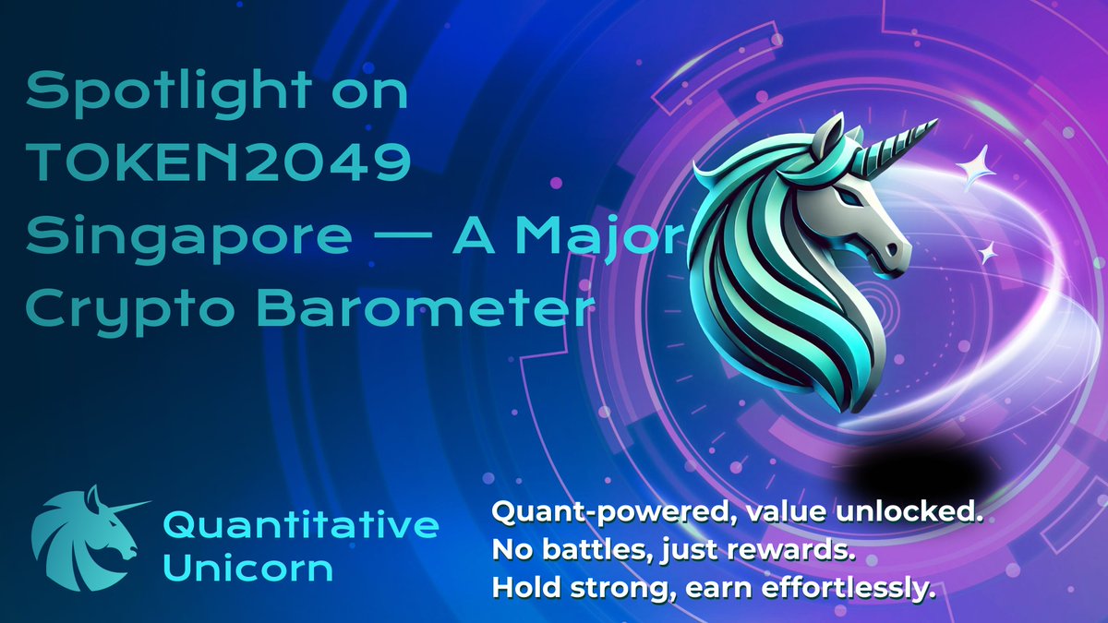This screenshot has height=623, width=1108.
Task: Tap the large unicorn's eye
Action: pos(847,197)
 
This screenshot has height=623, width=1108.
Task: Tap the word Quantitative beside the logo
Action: pos(301,525)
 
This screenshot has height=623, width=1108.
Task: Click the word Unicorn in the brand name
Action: pos(247,567)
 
